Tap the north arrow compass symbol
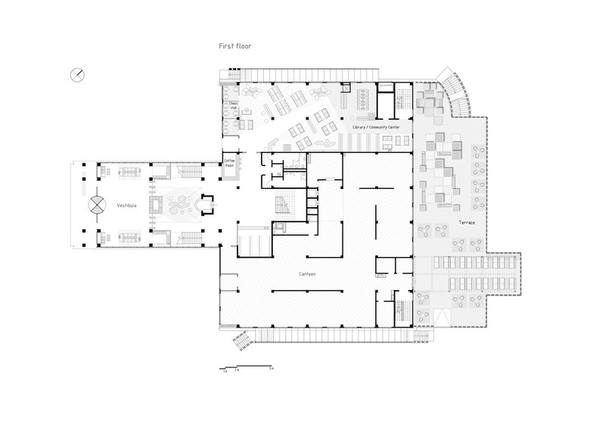tap(78, 73)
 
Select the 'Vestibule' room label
tap(127, 204)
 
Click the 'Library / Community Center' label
tap(376, 128)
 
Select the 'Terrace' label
tap(467, 222)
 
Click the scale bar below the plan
tap(246, 366)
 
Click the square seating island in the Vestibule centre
tap(159, 204)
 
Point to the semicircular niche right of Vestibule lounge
tap(203, 204)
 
